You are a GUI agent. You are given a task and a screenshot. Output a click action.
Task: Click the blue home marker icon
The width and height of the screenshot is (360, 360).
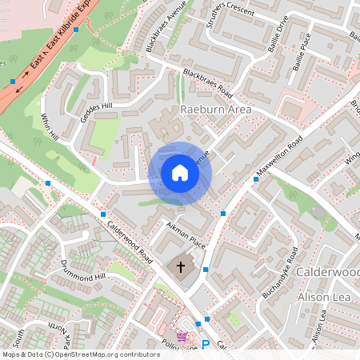click(180, 173)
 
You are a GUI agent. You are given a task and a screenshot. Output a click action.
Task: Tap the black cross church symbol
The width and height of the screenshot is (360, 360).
click(181, 267)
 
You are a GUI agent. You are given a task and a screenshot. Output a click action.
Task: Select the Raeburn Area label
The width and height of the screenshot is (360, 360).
click(216, 109)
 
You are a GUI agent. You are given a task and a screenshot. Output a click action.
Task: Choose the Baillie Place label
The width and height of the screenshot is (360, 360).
click(307, 52)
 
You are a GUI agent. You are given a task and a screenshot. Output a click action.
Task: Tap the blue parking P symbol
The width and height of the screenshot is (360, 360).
click(206, 345)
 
